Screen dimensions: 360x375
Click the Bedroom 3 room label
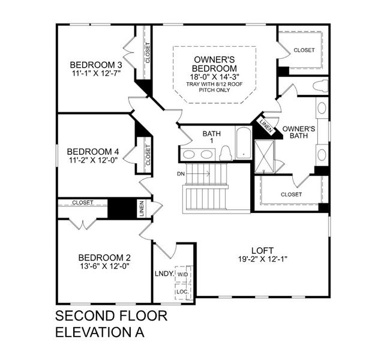click(96, 65)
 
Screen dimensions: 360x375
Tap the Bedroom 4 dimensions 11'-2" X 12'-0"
click(95, 161)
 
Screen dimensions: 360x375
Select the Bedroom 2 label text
click(100, 257)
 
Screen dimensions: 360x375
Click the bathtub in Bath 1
click(243, 145)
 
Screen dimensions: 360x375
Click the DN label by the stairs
click(181, 174)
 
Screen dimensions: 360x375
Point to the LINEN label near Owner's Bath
click(265, 125)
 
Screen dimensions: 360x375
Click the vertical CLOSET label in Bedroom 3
click(148, 53)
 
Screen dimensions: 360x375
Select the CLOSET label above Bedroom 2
click(83, 203)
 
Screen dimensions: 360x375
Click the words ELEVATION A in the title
click(100, 331)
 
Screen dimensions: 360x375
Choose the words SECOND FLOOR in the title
click(111, 316)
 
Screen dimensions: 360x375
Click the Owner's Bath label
click(298, 133)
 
